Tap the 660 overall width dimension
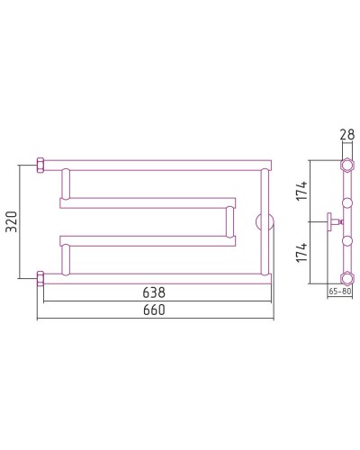click(154, 310)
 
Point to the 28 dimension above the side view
click(346, 135)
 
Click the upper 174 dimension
click(303, 190)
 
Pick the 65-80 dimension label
click(340, 292)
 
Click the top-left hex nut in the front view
click(40, 166)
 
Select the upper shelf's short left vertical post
click(65, 184)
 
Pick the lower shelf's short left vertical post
click(65, 258)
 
